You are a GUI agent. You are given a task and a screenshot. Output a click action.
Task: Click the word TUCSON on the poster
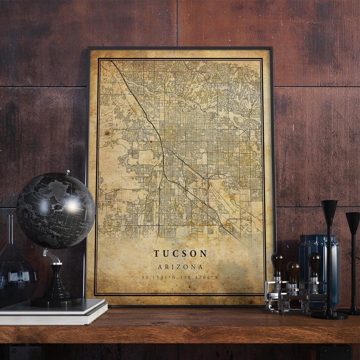180,253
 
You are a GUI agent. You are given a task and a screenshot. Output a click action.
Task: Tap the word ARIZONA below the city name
180,267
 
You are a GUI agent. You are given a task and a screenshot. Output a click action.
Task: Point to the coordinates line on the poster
180,277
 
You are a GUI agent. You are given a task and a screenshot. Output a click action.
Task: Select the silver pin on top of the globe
68,172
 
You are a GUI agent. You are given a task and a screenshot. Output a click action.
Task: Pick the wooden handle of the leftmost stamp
277,263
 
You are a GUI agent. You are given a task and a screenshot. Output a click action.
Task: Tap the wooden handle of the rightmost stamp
314,263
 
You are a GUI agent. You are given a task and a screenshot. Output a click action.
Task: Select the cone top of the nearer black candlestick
330,210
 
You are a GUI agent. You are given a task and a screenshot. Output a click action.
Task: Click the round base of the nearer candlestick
330,315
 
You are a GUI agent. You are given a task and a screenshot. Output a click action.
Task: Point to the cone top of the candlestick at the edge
353,222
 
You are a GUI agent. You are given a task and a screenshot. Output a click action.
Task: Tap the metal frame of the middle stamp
293,301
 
